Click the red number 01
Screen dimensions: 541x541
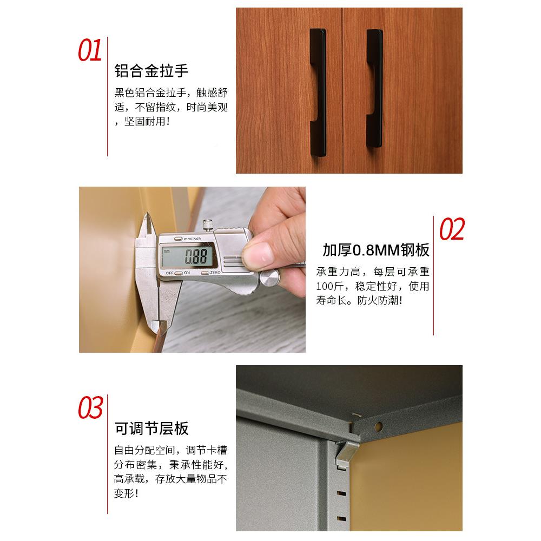point(90,51)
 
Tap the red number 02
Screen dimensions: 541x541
point(452,229)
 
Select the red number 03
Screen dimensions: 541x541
point(90,408)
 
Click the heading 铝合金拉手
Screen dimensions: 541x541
point(151,71)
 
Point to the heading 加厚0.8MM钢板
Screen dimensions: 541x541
point(376,250)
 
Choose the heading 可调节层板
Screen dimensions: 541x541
point(151,428)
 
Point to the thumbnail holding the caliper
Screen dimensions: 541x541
point(258,254)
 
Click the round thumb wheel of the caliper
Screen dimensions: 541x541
point(268,278)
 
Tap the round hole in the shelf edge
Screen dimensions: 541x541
point(380,426)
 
